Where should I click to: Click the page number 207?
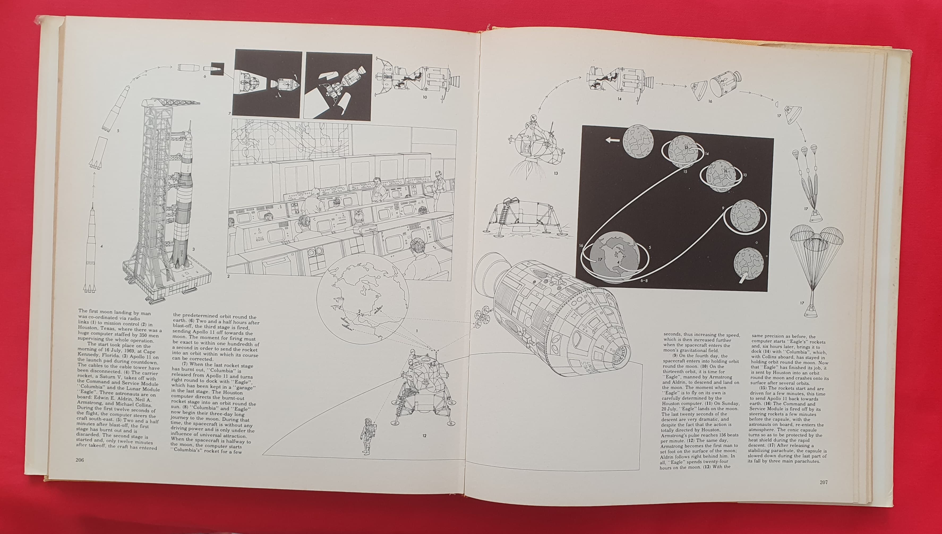(x=824, y=482)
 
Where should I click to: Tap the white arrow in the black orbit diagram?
(x=612, y=140)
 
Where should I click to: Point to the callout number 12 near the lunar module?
(x=424, y=436)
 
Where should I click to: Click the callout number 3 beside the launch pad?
(x=194, y=249)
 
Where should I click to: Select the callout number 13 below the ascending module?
(x=556, y=173)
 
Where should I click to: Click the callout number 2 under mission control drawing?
(x=228, y=276)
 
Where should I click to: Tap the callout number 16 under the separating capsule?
(x=710, y=101)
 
